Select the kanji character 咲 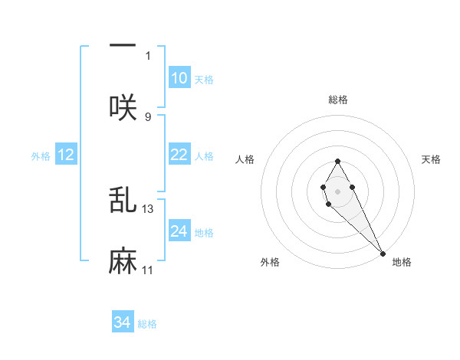point(123,106)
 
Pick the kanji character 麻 point(123,261)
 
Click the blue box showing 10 point(179,78)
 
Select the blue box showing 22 point(179,155)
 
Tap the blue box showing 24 point(179,231)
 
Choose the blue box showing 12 point(66,155)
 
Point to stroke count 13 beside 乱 point(148,208)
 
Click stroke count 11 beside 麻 point(148,270)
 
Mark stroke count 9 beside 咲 point(148,116)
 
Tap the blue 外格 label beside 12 point(41,156)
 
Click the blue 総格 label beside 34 point(147,324)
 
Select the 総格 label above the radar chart point(337,100)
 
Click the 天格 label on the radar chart point(432,159)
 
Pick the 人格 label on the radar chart point(245,159)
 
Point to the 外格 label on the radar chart point(270,262)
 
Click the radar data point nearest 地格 point(383,253)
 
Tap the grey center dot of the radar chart point(337,190)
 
